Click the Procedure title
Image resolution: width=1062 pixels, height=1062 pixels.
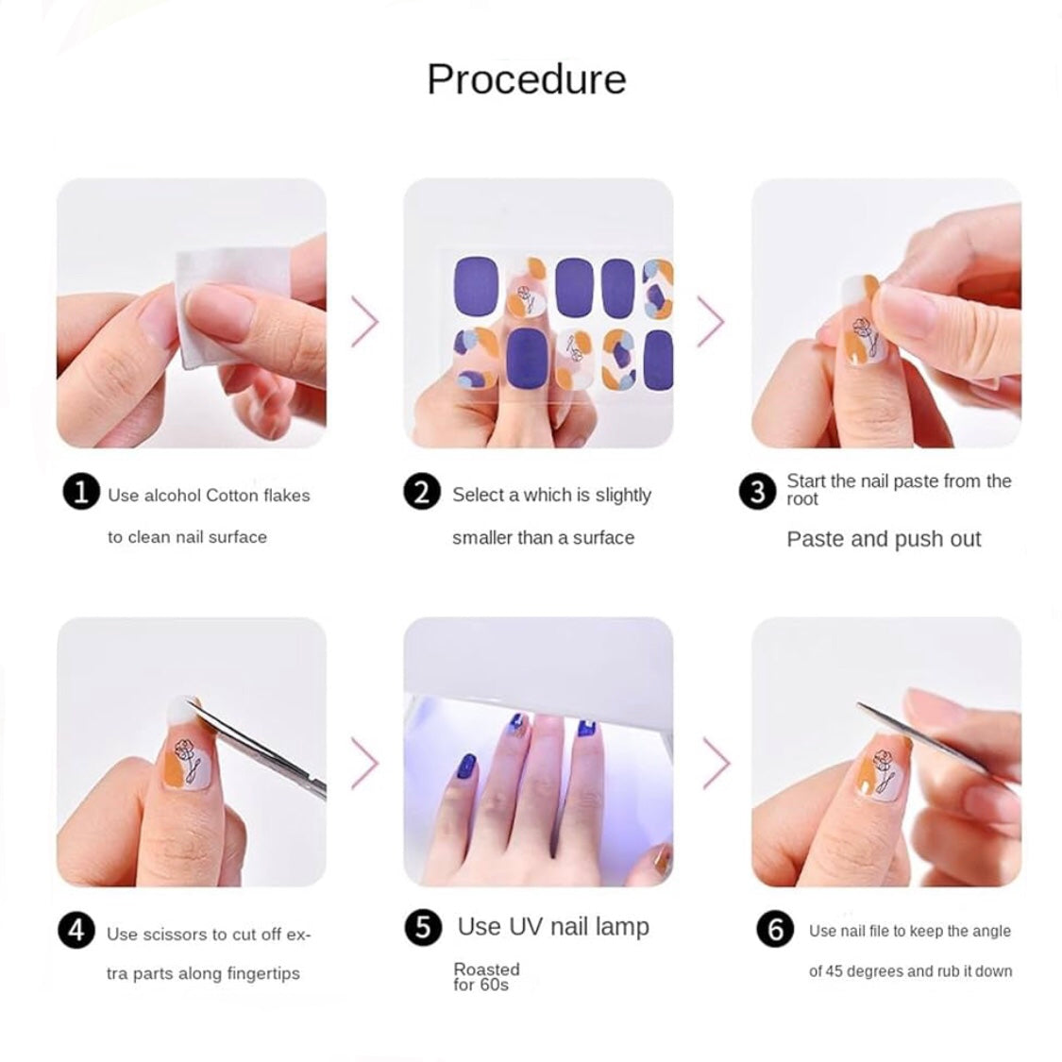526,79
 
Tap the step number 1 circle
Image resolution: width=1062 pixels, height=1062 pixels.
81,493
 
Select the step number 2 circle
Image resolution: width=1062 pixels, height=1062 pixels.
422,493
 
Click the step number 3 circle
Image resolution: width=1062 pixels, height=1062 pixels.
757,492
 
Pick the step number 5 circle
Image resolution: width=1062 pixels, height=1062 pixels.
422,928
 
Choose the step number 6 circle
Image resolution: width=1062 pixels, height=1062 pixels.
775,930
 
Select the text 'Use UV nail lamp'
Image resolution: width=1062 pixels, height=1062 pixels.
553,927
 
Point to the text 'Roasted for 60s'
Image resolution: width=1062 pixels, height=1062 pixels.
486,977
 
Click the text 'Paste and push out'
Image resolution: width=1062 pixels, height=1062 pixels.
884,539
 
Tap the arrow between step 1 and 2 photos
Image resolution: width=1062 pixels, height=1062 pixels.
365,322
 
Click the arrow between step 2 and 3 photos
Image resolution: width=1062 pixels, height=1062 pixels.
711,322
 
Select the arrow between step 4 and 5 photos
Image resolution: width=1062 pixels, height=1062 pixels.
365,761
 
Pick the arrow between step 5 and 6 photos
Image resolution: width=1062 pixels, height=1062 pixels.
716,761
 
